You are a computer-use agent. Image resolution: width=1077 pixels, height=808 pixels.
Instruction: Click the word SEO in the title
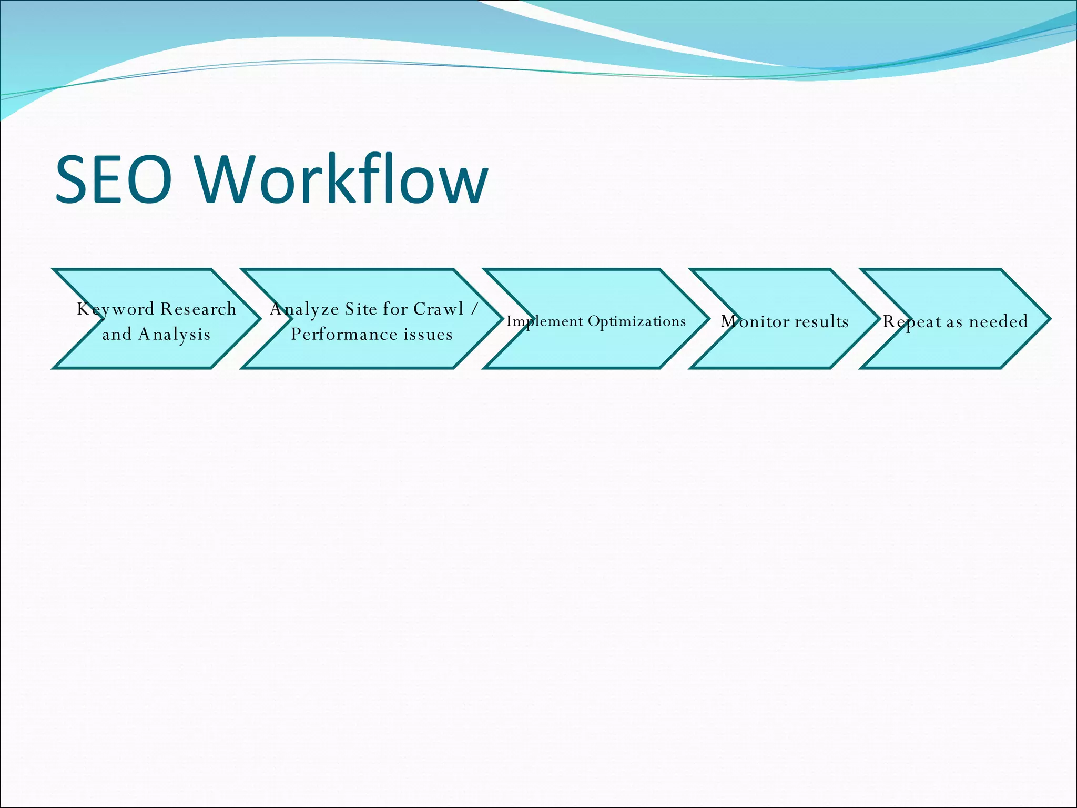[114, 179]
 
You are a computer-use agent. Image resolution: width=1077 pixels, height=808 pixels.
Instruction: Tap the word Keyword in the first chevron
[115, 309]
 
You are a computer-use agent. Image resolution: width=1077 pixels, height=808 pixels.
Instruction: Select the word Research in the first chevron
[198, 309]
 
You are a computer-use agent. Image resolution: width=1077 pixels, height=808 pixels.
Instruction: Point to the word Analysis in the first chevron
[174, 335]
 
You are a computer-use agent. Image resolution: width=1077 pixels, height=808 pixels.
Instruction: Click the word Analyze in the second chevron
[304, 309]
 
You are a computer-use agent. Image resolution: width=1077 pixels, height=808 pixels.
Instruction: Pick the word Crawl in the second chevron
[439, 309]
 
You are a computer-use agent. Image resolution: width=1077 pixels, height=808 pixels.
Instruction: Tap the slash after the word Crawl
[474, 309]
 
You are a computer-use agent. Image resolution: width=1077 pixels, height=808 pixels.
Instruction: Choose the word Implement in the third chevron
[544, 321]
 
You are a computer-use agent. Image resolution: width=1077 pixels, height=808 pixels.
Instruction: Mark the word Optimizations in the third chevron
[636, 321]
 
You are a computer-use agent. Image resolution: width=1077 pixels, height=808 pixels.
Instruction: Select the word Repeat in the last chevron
[912, 321]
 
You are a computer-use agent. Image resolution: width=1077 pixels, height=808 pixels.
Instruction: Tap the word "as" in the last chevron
[954, 321]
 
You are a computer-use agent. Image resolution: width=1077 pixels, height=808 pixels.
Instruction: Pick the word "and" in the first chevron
[117, 335]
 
